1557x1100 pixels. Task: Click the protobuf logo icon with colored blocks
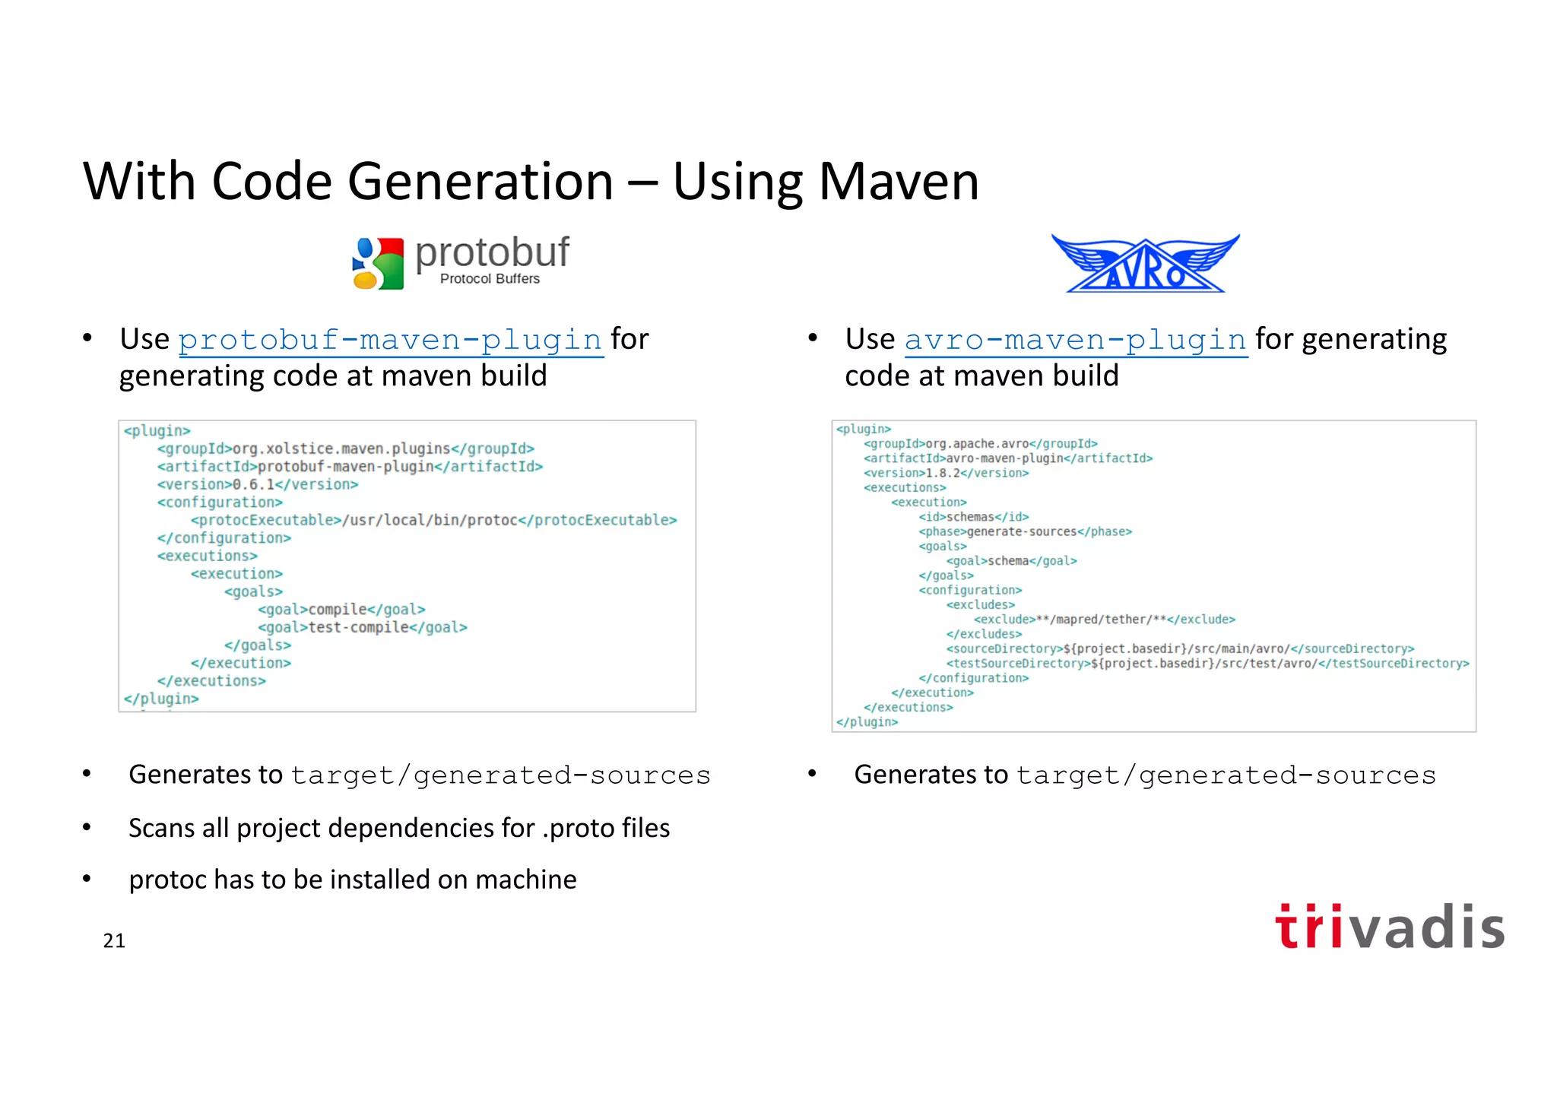click(378, 263)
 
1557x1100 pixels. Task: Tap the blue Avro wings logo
click(1145, 263)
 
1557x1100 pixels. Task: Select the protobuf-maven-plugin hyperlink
click(390, 340)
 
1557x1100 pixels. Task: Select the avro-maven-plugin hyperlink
click(1075, 340)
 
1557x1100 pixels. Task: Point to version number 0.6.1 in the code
click(253, 484)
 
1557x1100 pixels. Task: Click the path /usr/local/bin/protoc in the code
click(430, 520)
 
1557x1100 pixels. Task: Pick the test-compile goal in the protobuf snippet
click(358, 627)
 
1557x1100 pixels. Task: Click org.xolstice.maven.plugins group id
click(341, 449)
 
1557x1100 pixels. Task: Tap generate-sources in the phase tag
click(1021, 531)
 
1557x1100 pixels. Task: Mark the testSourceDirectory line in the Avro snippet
click(1207, 664)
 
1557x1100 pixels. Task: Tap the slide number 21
click(114, 940)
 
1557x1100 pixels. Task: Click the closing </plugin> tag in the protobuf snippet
click(161, 699)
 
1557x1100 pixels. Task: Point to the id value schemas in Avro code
click(970, 517)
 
